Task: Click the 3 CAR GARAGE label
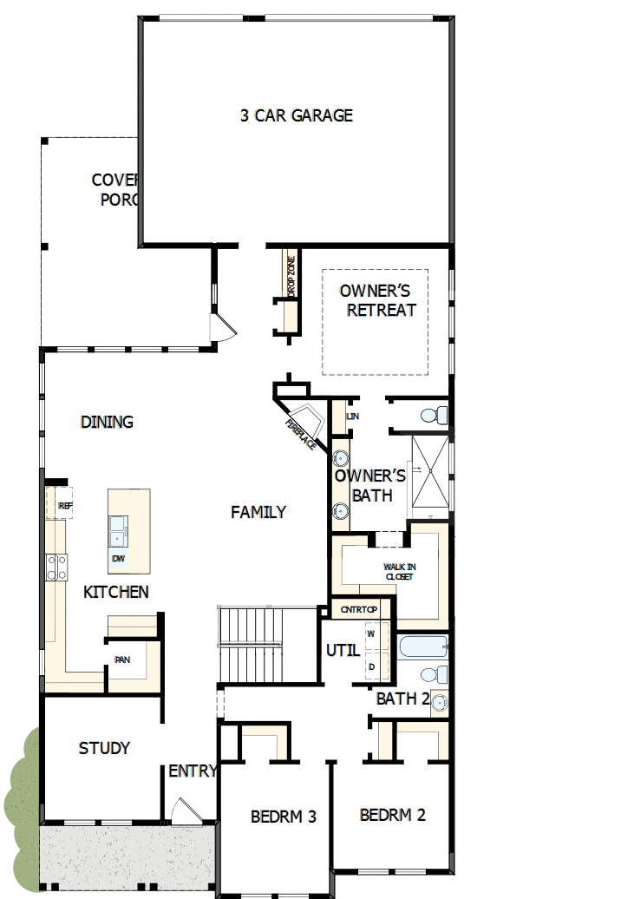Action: (296, 115)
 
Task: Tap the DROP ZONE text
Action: (291, 277)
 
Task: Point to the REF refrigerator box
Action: (63, 505)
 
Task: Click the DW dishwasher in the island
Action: (117, 560)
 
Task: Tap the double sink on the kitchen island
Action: (117, 529)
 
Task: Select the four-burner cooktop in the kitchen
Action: (58, 567)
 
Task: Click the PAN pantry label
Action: (122, 659)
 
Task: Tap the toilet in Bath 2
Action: (433, 674)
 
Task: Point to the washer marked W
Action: (371, 633)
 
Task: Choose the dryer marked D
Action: (371, 666)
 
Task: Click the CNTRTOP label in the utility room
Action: (354, 609)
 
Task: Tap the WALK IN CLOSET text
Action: (399, 571)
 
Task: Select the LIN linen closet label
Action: (352, 417)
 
